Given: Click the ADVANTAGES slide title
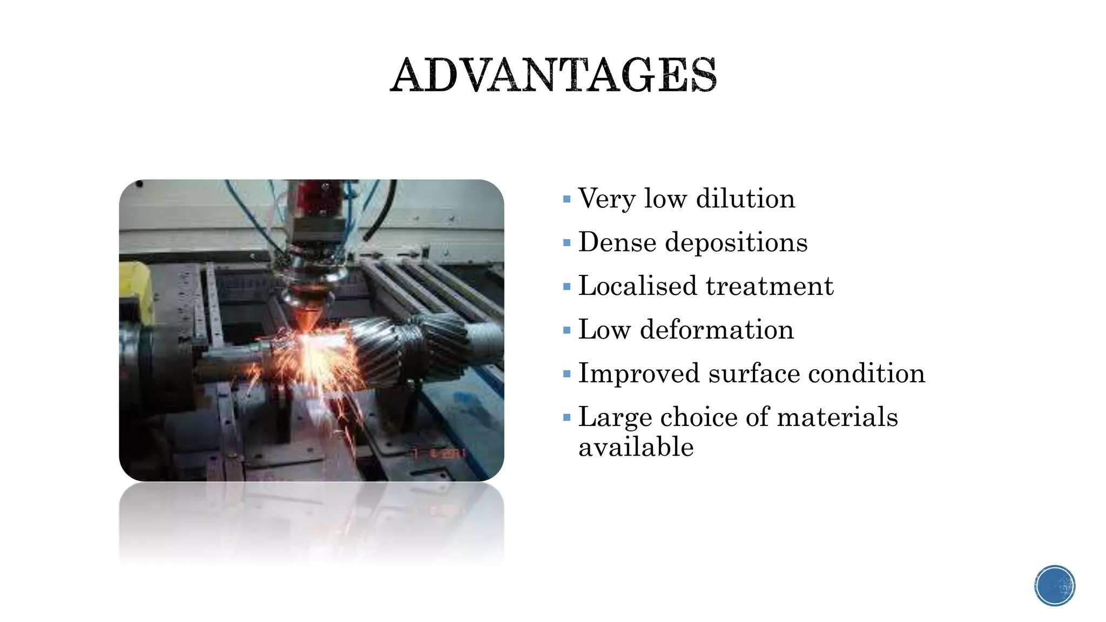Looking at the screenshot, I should tap(554, 75).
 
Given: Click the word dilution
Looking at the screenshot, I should tap(745, 198).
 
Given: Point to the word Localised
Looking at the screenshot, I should tap(637, 286).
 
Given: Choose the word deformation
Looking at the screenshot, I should tap(717, 329).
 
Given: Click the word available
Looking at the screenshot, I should tap(636, 448).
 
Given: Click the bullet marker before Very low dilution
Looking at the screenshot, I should tap(567, 199).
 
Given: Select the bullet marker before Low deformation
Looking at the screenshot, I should tap(567, 330).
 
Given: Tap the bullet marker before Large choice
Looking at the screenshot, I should tap(567, 417).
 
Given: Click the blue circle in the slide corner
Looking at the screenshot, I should tap(1055, 586).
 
